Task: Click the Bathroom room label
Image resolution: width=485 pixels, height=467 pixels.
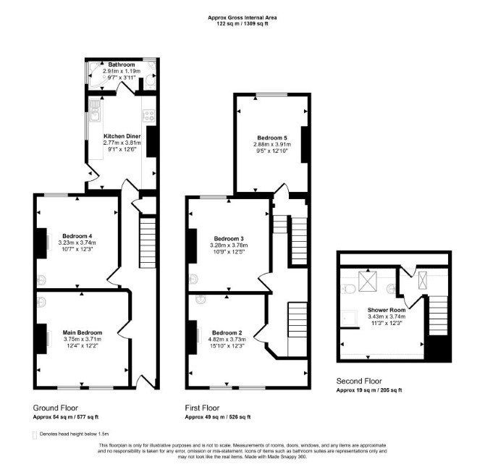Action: coord(122,64)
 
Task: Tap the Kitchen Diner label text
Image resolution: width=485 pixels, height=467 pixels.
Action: coord(122,136)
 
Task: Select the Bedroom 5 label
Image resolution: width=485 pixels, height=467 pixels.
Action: coord(270,138)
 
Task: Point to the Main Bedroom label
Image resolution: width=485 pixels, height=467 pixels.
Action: coord(83,332)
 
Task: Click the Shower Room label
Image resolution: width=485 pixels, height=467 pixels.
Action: coord(387,310)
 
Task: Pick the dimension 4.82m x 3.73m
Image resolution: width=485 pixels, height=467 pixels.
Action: coord(227,340)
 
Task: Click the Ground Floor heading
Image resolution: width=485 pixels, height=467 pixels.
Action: coord(55,408)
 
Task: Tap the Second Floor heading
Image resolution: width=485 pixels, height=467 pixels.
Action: coord(359,381)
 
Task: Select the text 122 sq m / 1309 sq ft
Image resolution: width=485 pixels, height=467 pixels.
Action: coord(242,23)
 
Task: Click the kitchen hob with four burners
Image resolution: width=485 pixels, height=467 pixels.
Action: coord(148,116)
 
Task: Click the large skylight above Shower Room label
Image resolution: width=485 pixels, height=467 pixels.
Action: coord(368,282)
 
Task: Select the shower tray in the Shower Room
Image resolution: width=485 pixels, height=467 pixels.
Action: coord(349,318)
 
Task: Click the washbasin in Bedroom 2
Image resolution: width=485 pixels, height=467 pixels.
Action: coord(201,299)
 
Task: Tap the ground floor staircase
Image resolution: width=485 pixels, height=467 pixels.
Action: coord(148,243)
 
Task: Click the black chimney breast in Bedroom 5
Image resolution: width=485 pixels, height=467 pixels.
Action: coord(305,145)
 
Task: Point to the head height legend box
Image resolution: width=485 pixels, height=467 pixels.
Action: coord(35,435)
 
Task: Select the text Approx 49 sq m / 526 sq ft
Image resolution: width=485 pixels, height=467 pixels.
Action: coord(218,417)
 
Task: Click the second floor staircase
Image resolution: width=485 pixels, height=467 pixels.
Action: coord(438,316)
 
